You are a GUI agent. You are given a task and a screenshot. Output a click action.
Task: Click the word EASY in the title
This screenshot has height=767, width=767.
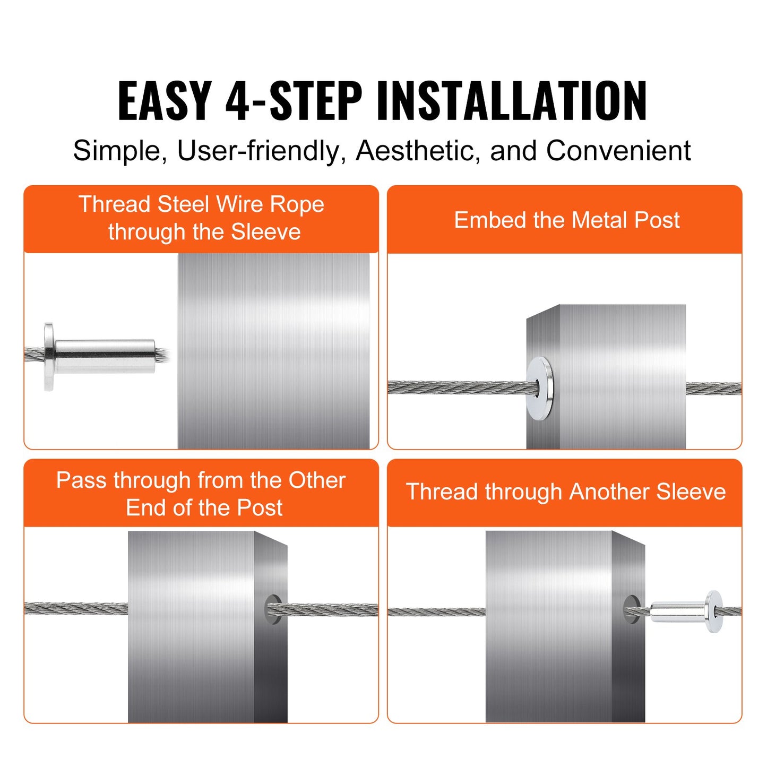[165, 101]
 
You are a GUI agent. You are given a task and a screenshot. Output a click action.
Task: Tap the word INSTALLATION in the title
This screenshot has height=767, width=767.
[512, 101]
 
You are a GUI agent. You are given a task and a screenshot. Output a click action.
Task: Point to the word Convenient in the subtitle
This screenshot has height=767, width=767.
[618, 151]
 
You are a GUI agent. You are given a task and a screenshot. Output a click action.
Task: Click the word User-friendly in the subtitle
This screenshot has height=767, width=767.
[258, 151]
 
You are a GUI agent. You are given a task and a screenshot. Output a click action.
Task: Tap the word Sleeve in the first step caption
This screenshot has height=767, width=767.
[266, 232]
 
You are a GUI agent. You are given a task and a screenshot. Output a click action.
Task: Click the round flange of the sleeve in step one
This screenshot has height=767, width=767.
[49, 356]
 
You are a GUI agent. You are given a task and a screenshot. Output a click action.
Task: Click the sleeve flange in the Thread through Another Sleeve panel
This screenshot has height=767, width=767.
[713, 611]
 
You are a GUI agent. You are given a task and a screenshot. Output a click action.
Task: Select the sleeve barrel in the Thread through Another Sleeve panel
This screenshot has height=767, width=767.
[677, 611]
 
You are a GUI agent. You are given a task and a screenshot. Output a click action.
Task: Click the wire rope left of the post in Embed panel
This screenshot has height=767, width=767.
[456, 388]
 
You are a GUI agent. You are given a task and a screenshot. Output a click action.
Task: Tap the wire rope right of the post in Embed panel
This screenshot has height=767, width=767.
[713, 389]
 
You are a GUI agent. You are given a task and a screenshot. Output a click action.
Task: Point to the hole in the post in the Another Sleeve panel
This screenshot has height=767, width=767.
[631, 609]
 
